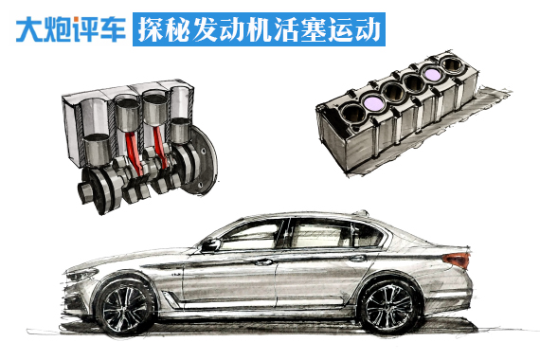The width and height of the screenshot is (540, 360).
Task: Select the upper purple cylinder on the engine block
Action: pyautogui.click(x=435, y=73)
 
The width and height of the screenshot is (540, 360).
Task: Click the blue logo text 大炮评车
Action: pyautogui.click(x=68, y=28)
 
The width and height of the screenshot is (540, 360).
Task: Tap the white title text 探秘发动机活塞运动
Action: pyautogui.click(x=259, y=28)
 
